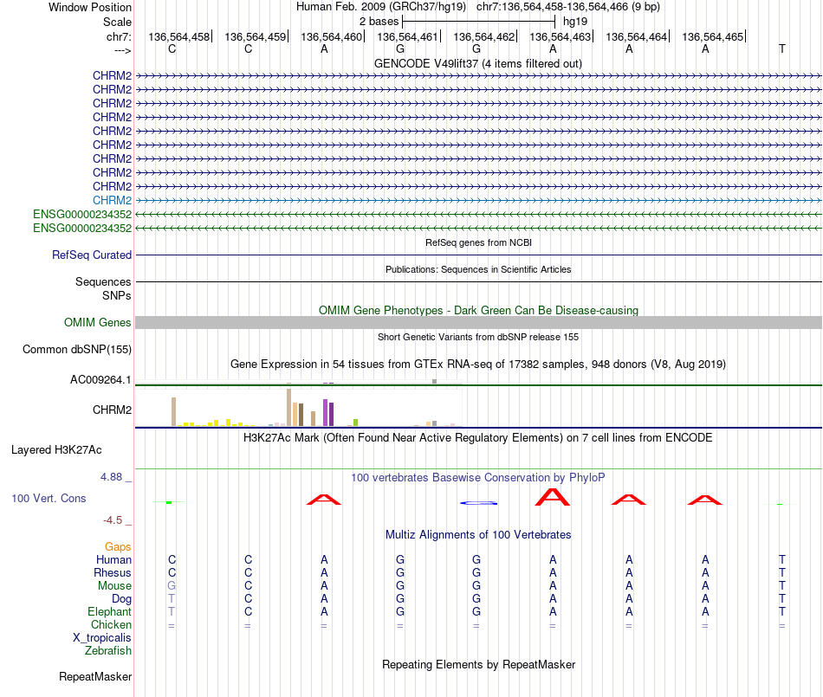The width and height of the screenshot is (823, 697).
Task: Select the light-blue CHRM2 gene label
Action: point(112,200)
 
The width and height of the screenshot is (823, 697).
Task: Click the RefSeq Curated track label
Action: point(92,255)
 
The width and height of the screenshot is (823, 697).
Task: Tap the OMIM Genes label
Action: point(98,322)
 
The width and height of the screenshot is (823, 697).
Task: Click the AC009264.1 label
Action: point(100,379)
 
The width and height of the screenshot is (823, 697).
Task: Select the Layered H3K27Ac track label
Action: point(56,449)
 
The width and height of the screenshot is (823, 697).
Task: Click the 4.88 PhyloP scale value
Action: point(115,477)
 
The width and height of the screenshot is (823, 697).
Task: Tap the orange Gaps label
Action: point(118,546)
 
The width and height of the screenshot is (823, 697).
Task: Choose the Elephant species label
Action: point(109,611)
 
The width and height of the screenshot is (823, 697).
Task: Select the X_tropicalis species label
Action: point(102,637)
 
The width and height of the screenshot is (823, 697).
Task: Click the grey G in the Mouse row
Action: point(172,585)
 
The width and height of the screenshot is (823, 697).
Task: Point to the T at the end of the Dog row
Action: point(781,598)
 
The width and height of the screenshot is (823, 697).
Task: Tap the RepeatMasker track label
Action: point(95,676)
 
